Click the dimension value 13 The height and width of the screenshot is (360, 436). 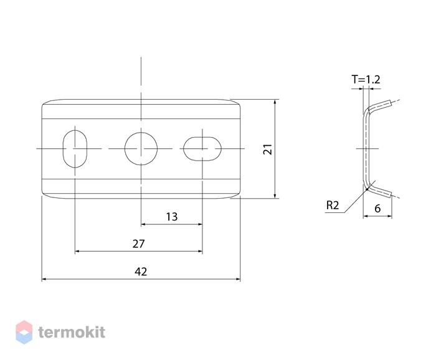[172, 217]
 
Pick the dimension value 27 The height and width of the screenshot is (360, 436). [138, 244]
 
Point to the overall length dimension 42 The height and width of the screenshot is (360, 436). [141, 272]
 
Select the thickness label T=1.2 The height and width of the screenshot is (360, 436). [366, 80]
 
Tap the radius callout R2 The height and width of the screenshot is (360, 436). [333, 206]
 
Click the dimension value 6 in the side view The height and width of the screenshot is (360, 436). [377, 208]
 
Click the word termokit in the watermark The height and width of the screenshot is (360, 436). [72, 332]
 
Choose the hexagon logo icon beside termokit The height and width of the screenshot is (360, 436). [24, 332]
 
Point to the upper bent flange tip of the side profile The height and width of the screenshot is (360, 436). [391, 103]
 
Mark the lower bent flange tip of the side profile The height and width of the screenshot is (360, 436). [391, 194]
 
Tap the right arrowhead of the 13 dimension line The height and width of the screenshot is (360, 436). [200, 224]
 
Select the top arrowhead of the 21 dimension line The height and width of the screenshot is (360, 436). [275, 102]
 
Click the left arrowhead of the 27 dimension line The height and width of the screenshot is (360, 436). [77, 251]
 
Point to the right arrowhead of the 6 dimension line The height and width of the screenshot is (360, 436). [389, 216]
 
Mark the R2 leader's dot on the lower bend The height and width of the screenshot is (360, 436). [367, 189]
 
